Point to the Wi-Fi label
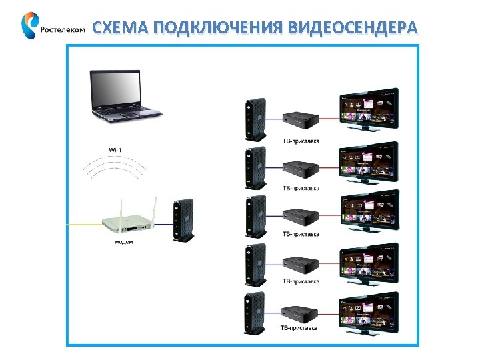coord(115,149)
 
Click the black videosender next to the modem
coord(182,219)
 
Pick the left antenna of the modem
coord(104,206)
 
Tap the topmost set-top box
coord(299,121)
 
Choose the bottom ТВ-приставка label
coord(299,328)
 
